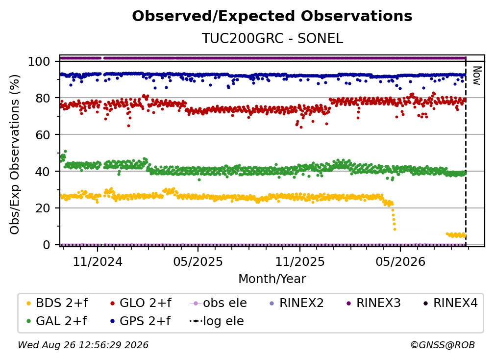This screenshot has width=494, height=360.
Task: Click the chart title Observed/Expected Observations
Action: point(272,16)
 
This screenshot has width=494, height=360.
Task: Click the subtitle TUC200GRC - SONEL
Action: point(272,38)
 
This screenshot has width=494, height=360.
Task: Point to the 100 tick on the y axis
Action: point(39,61)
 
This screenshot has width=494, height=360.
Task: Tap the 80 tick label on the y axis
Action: point(43,98)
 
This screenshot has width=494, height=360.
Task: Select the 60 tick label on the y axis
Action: point(43,134)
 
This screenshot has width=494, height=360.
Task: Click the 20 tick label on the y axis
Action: point(43,208)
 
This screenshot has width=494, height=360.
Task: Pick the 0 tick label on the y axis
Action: point(47,245)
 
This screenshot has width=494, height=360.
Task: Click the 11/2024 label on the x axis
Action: point(98,261)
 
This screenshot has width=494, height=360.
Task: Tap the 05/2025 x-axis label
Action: point(198,261)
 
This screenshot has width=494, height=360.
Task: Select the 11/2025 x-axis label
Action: point(300,261)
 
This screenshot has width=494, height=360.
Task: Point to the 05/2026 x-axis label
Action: point(400,261)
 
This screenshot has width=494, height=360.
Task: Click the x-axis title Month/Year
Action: point(272,279)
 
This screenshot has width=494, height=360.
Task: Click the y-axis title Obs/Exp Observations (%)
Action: point(15,154)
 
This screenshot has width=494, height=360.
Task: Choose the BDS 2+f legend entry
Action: point(57,303)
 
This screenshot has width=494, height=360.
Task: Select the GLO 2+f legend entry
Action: point(141,303)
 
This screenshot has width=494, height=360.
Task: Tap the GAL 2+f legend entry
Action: point(56,321)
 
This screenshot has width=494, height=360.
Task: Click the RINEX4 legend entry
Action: point(450,303)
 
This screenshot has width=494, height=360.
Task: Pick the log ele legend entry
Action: point(217,321)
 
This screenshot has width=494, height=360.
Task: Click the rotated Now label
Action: point(477,76)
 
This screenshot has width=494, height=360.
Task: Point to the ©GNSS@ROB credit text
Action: point(443,345)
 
